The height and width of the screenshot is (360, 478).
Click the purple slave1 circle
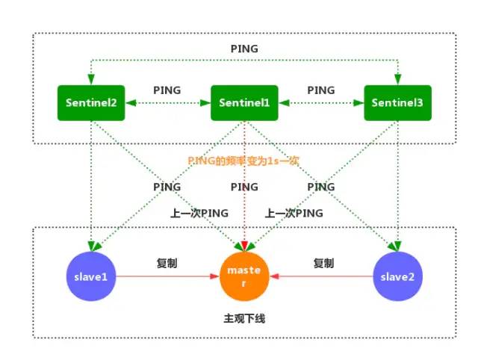91,276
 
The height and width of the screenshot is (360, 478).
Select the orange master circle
244,276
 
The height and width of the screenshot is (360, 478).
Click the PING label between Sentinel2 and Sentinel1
167,90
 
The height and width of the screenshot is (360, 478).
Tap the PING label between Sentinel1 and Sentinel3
321,90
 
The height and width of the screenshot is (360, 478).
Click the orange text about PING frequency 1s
244,160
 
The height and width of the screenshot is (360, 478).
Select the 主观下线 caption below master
244,319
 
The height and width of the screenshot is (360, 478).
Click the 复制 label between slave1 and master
167,264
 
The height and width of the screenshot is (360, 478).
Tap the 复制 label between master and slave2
323,264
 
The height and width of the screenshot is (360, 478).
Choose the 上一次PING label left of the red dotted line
196,213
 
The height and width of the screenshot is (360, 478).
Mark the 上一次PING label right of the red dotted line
294,213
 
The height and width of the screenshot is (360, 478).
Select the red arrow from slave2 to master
321,276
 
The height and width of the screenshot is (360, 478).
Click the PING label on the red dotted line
244,187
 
